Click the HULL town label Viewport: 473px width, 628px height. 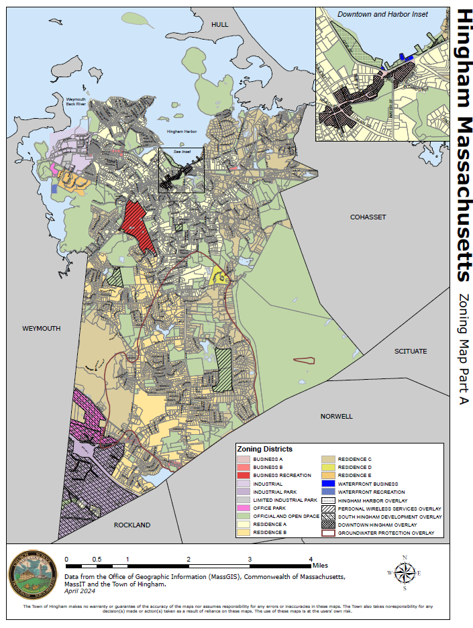tap(219, 24)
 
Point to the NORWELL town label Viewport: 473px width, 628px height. tap(337, 416)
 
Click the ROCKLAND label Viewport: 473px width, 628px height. tap(132, 525)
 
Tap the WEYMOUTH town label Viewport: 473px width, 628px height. tap(42, 329)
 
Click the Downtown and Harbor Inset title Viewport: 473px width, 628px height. tap(382, 14)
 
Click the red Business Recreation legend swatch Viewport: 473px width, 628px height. tap(243, 475)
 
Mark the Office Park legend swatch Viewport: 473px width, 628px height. tap(243, 508)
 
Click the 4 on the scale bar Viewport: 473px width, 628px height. tap(311, 559)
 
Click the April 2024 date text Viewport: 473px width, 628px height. tap(80, 591)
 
